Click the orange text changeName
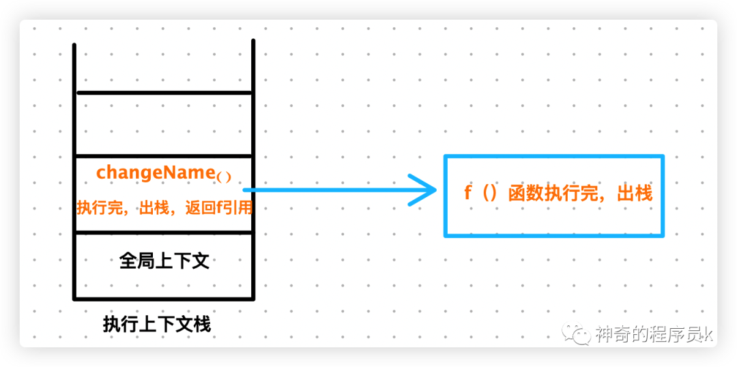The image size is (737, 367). [x=156, y=173]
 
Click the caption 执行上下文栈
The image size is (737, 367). [x=157, y=324]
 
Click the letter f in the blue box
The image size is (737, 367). [x=468, y=193]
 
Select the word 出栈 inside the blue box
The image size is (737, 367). [x=635, y=193]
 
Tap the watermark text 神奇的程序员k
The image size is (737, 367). [x=654, y=334]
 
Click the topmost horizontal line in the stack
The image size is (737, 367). [x=164, y=92]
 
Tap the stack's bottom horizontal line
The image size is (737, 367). [x=164, y=298]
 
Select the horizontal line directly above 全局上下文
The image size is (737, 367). [x=164, y=233]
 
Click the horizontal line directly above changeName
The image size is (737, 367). [x=164, y=156]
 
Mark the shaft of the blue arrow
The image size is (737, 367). [x=328, y=190]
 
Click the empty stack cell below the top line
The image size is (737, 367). [x=164, y=123]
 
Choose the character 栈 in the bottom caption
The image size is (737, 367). [x=203, y=324]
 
